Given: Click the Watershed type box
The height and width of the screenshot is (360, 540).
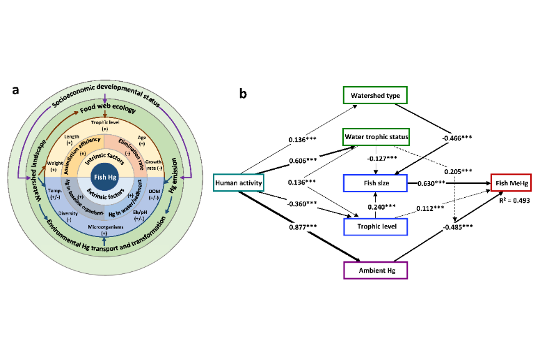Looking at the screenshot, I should click(x=375, y=95).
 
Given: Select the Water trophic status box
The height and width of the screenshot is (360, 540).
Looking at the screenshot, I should click(x=375, y=137).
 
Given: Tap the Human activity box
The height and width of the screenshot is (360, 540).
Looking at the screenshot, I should click(x=238, y=182).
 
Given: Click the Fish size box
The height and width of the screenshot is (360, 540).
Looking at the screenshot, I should click(x=375, y=183).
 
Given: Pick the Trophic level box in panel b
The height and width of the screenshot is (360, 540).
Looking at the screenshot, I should click(x=375, y=226).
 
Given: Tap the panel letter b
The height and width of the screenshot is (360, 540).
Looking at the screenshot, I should click(x=242, y=94).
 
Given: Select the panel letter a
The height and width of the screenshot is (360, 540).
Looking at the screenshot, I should click(x=16, y=90).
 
